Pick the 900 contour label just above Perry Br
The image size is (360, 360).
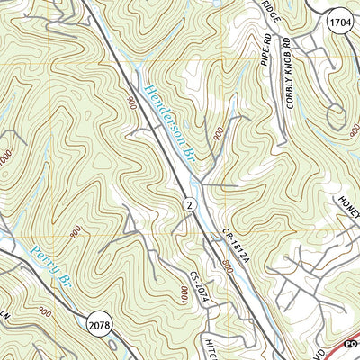tap(75, 231)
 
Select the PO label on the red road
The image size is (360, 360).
tap(351, 343)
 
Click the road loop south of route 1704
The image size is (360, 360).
tap(338, 113)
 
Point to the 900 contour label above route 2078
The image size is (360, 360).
tap(45, 311)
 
